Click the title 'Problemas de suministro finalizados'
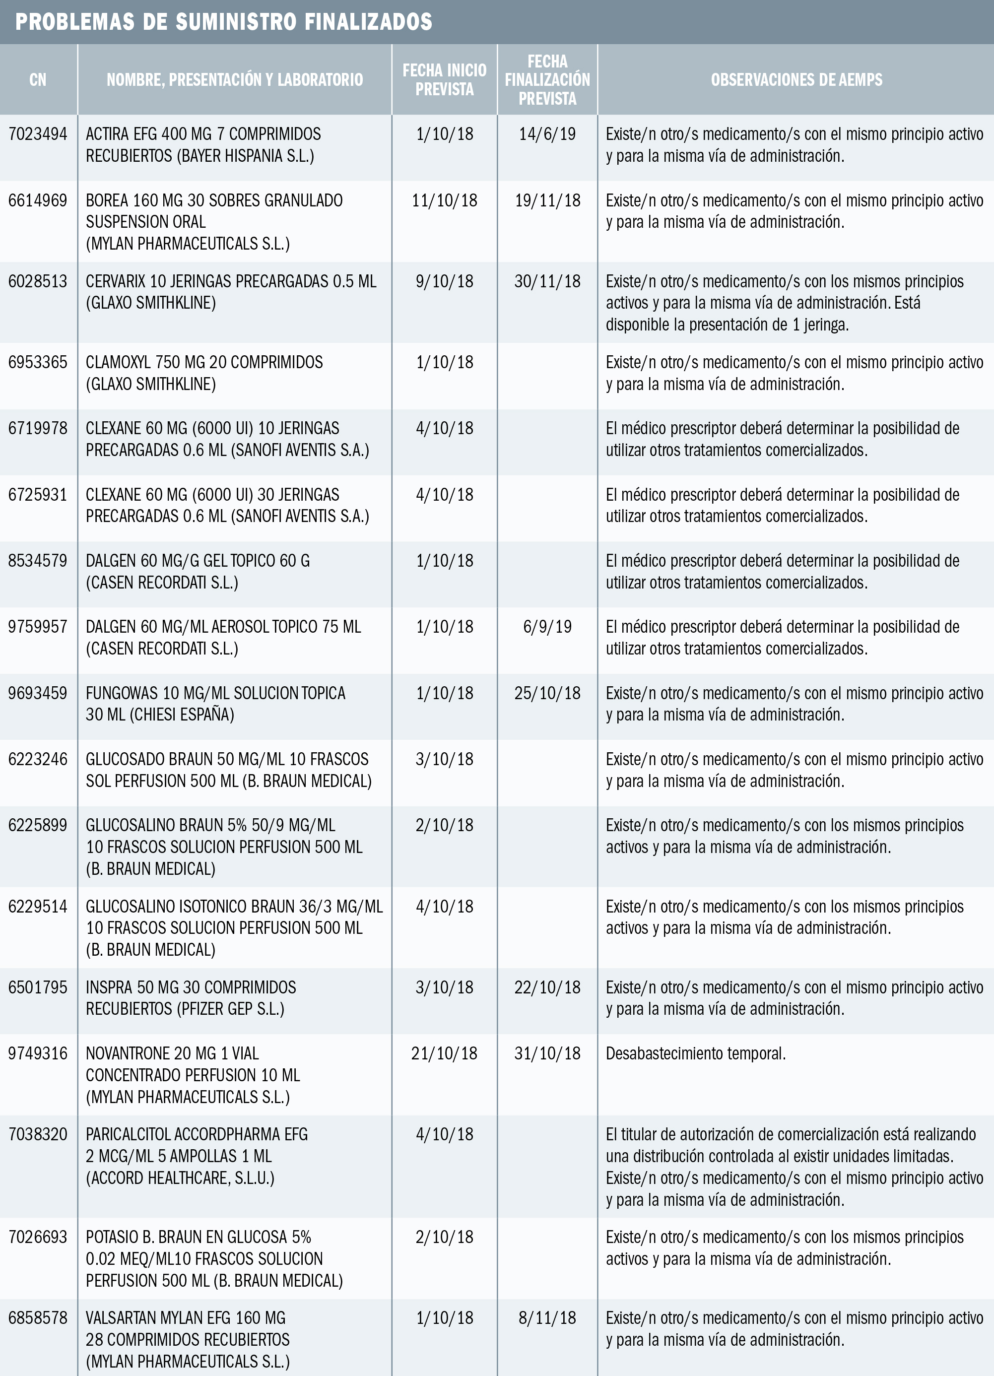[223, 22]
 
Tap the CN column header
[38, 79]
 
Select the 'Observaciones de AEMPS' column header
[796, 79]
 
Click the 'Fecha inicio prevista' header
[444, 79]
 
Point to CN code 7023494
[38, 134]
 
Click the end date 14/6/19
[547, 134]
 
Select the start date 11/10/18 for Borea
[444, 200]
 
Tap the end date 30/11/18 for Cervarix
[547, 281]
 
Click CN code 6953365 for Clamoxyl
[38, 362]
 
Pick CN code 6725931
[38, 494]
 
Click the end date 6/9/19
[547, 627]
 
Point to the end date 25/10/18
[547, 693]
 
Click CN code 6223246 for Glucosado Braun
[38, 759]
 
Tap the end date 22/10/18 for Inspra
[547, 987]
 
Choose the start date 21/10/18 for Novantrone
[444, 1053]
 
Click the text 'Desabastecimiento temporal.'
[695, 1053]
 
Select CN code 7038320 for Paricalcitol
[38, 1134]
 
